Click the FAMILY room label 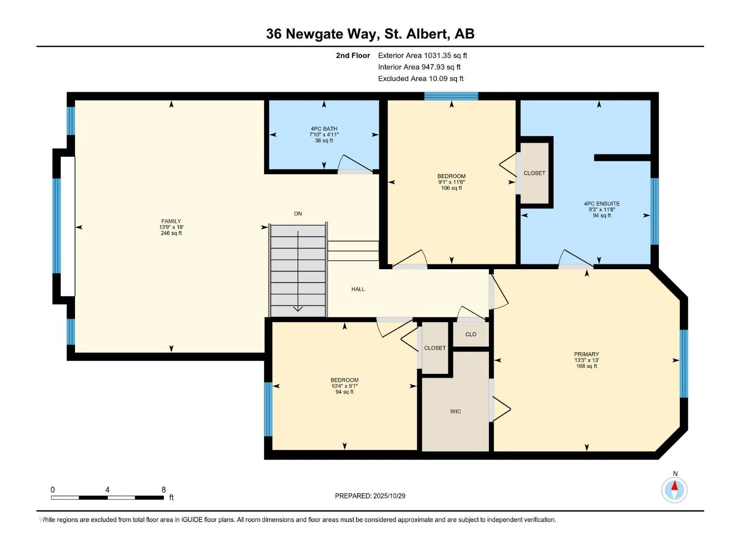pyautogui.click(x=171, y=221)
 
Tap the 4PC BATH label pyautogui.click(x=324, y=129)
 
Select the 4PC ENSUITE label pyautogui.click(x=602, y=203)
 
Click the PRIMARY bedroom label pyautogui.click(x=586, y=354)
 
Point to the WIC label pyautogui.click(x=455, y=411)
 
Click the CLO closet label pyautogui.click(x=471, y=334)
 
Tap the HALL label pyautogui.click(x=358, y=289)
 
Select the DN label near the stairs pyautogui.click(x=298, y=214)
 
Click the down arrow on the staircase pyautogui.click(x=298, y=308)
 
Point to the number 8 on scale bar pyautogui.click(x=163, y=490)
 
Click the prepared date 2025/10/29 pyautogui.click(x=389, y=496)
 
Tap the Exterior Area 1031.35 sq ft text pyautogui.click(x=422, y=56)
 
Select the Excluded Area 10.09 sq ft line pyautogui.click(x=421, y=79)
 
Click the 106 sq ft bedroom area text pyautogui.click(x=451, y=188)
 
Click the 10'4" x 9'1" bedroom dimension pyautogui.click(x=344, y=386)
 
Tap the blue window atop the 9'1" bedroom pyautogui.click(x=451, y=96)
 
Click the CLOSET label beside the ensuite pyautogui.click(x=534, y=173)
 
